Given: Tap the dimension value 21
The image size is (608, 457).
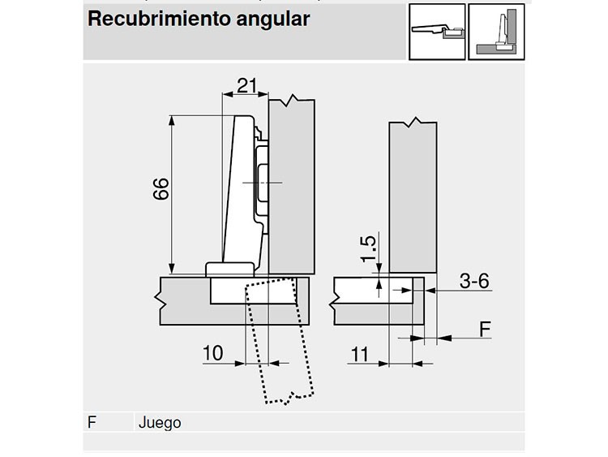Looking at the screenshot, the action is (246, 86).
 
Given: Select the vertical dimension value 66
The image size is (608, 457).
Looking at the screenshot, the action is (161, 188).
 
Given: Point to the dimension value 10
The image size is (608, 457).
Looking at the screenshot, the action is (213, 353).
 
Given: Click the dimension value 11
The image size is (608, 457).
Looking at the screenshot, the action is (359, 354).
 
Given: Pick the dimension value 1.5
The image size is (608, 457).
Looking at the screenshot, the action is (368, 248).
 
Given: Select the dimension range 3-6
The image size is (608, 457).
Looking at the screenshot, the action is (474, 281).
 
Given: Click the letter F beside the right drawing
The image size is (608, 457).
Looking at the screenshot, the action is (485, 330).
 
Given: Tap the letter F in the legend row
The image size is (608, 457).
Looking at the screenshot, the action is (92, 422).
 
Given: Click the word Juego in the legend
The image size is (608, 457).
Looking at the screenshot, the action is (160, 423).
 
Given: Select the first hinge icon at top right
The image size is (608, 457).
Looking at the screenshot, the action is (437, 32).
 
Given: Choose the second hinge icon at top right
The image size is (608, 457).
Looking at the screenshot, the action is (496, 32).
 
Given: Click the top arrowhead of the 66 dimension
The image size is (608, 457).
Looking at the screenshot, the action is (172, 120).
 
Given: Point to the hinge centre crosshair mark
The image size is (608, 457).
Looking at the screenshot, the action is (262, 182).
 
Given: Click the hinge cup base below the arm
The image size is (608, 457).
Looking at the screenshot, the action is (229, 269).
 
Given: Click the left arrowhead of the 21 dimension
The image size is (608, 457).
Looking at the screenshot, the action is (226, 94).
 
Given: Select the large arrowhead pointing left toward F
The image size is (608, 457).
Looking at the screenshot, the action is (445, 338).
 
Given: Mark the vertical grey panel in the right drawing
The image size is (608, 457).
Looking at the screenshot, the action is (413, 198).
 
